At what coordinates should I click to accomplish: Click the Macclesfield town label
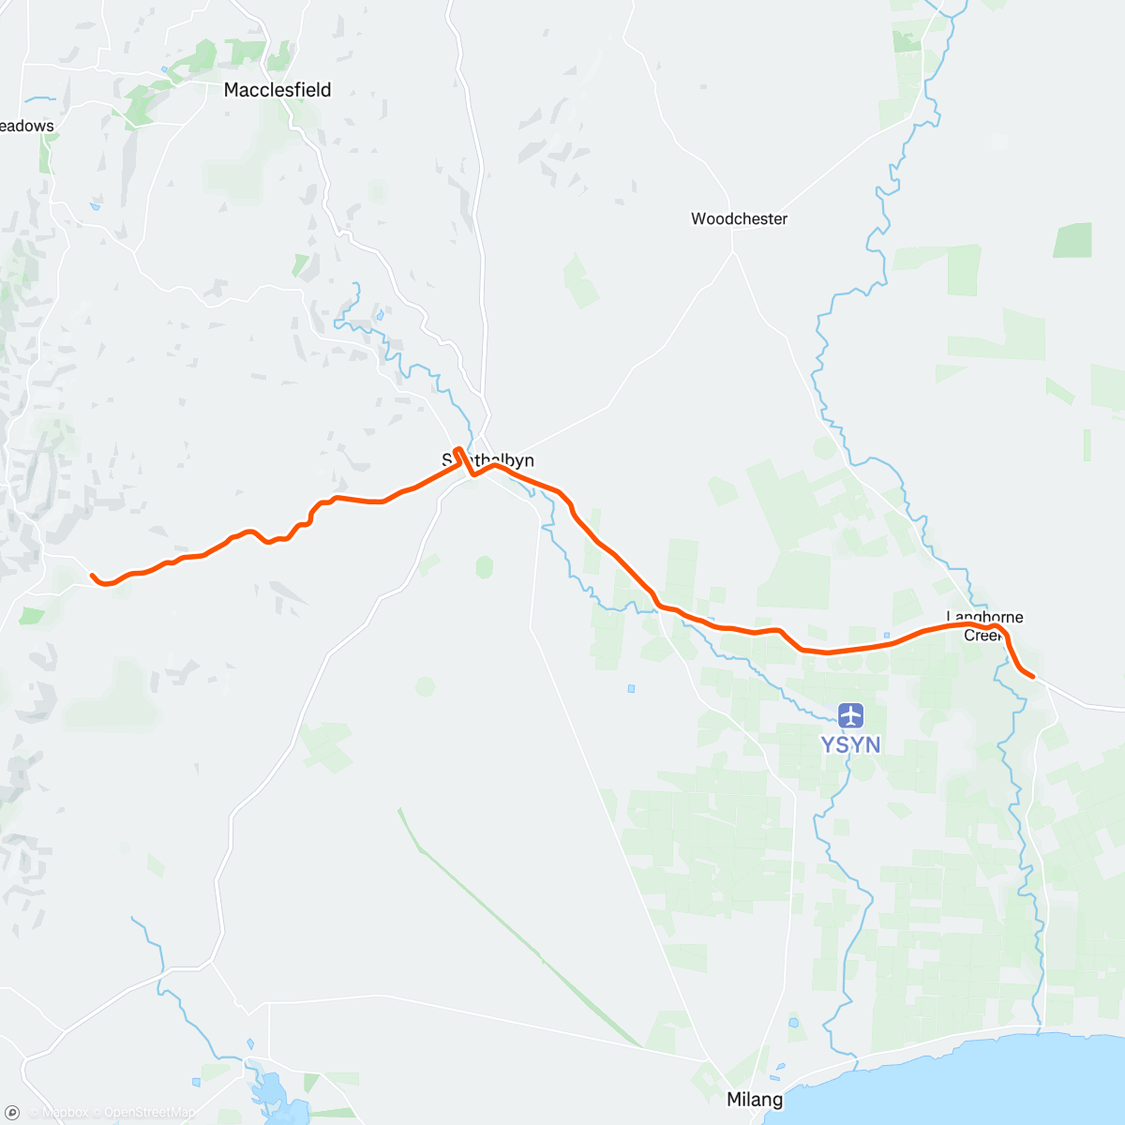click(x=277, y=90)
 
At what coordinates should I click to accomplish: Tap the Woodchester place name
click(x=739, y=218)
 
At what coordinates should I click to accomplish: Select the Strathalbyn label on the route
click(x=488, y=460)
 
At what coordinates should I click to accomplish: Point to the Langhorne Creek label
click(x=984, y=625)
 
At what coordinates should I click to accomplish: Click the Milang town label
click(x=755, y=1099)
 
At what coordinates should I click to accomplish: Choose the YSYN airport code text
click(x=850, y=744)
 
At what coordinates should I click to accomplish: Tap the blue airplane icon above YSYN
click(x=851, y=716)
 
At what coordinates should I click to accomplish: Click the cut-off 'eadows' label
click(x=27, y=126)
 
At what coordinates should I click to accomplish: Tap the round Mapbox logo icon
click(x=13, y=1112)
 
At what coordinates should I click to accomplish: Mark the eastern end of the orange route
click(x=1032, y=675)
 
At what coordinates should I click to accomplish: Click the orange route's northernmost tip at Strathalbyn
click(x=457, y=449)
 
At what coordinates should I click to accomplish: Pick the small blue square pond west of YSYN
click(x=631, y=689)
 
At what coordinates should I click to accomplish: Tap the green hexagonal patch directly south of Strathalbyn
click(x=484, y=567)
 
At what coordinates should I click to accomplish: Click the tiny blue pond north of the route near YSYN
click(x=886, y=635)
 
